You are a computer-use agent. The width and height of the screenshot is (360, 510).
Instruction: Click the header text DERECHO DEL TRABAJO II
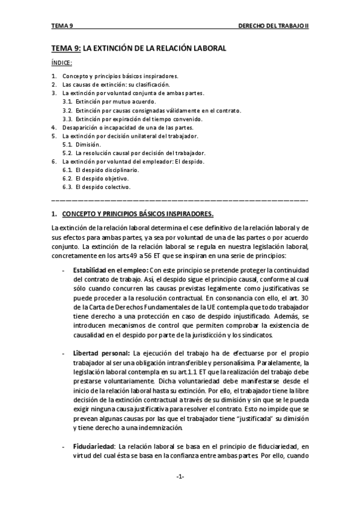pyautogui.click(x=273, y=26)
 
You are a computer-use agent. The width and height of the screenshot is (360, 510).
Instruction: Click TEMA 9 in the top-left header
pyautogui.click(x=62, y=26)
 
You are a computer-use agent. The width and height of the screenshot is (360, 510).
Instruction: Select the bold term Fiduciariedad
pyautogui.click(x=94, y=446)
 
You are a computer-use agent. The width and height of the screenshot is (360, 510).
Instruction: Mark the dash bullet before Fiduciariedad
pyautogui.click(x=64, y=446)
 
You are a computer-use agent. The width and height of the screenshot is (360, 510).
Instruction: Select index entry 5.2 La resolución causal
pyautogui.click(x=135, y=153)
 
